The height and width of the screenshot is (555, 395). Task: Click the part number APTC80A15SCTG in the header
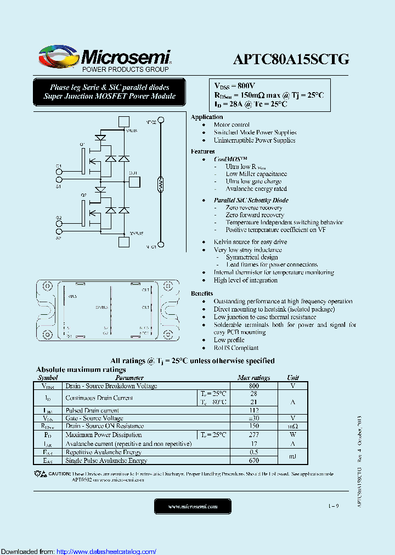[291, 59]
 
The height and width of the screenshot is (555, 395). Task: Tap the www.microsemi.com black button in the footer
[193, 506]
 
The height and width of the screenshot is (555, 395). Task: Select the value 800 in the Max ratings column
[253, 386]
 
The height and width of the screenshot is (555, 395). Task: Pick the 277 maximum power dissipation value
[253, 435]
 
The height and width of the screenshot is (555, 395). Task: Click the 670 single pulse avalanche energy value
[253, 461]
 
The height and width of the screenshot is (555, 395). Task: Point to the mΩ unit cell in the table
[293, 426]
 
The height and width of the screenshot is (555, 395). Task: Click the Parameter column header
[130, 378]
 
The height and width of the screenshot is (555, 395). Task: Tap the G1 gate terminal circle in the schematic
[59, 172]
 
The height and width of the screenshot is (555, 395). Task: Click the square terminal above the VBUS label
[124, 122]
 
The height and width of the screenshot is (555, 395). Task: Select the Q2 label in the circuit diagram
[83, 195]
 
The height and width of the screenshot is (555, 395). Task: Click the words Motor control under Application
[232, 125]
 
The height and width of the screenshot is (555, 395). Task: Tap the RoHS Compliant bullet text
[236, 348]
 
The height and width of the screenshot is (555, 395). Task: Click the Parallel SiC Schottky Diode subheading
[251, 200]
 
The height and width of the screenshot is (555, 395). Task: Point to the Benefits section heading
[202, 294]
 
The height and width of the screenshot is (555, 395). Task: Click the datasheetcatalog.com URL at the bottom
[106, 551]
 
